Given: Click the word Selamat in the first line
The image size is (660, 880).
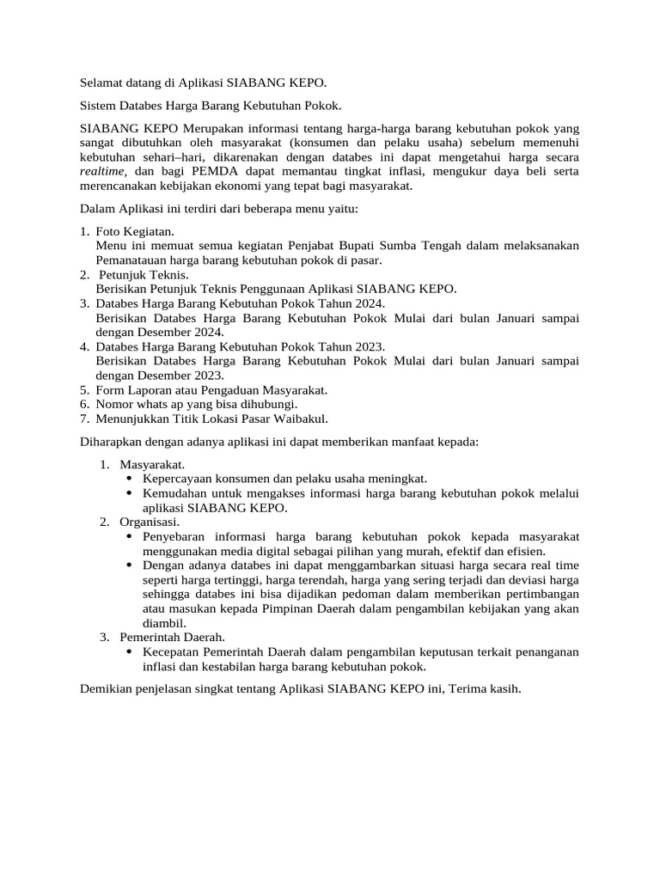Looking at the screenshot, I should coord(102,83).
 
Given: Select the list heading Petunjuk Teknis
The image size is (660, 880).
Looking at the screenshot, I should coord(137,274).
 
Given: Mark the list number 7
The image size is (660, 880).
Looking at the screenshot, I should coord(84,419).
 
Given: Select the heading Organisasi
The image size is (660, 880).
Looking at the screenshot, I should coord(150,522).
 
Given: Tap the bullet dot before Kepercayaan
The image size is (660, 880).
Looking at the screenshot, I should coord(129,479).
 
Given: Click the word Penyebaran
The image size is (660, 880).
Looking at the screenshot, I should coord(175,536).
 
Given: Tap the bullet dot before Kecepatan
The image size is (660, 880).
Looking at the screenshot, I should coord(129,652).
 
